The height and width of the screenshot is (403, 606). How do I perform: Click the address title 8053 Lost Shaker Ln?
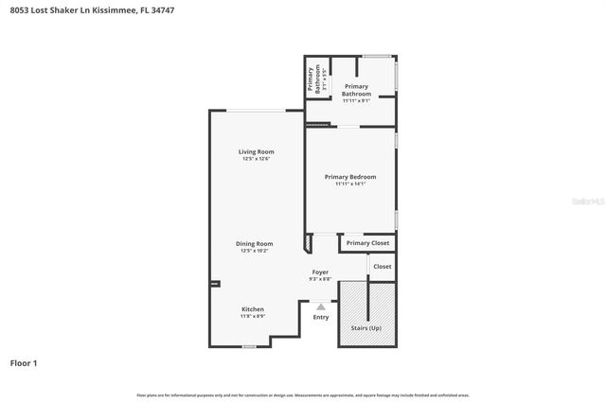click(x=92, y=9)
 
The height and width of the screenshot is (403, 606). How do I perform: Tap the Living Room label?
click(x=256, y=151)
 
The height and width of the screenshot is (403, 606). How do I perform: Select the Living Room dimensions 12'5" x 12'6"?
click(x=256, y=159)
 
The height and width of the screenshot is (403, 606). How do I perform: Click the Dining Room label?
click(x=255, y=243)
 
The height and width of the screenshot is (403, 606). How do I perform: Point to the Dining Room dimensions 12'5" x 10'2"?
click(x=255, y=251)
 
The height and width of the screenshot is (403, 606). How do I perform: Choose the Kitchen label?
click(x=253, y=309)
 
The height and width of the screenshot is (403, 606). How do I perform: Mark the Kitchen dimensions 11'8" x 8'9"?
click(x=253, y=316)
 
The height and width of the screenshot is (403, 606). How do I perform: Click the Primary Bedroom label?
click(x=350, y=177)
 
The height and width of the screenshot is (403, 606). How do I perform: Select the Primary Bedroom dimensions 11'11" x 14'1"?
click(x=350, y=184)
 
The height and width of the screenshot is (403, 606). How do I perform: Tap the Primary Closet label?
click(x=366, y=243)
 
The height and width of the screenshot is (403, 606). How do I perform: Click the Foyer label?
click(x=321, y=272)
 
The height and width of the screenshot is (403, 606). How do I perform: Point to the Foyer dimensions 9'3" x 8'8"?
click(x=321, y=279)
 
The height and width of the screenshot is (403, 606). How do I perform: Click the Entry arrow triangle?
click(x=321, y=307)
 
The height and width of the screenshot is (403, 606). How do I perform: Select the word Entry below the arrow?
click(x=321, y=317)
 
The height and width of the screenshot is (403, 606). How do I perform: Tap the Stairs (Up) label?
click(x=365, y=327)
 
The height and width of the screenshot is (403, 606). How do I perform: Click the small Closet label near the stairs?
click(x=382, y=267)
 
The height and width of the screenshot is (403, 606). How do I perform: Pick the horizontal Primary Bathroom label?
click(x=356, y=90)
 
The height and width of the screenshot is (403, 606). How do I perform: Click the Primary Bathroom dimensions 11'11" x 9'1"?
click(x=356, y=100)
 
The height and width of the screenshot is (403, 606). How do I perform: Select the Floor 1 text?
click(x=24, y=362)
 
